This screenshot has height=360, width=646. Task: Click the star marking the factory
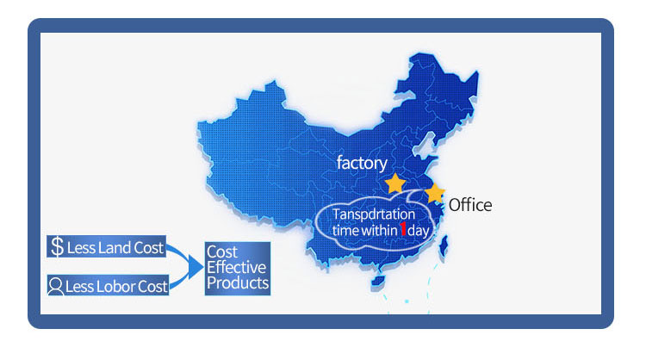394,183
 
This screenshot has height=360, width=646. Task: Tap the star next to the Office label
435,193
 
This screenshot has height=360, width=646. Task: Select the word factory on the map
362,163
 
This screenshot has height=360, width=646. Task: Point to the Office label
470,205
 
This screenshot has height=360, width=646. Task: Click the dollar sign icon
58,248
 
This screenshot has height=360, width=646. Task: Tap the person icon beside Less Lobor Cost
57,283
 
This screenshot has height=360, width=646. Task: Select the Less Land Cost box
107,248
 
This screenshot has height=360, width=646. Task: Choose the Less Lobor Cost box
107,283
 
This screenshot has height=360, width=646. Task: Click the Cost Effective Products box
237,267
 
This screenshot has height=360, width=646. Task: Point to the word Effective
237,267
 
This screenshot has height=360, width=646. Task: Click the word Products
237,282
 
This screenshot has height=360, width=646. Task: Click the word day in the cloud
419,231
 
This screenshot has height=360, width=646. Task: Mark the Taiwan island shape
444,248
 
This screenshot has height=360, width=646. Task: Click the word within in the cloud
376,231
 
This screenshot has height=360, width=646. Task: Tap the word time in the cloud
345,231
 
